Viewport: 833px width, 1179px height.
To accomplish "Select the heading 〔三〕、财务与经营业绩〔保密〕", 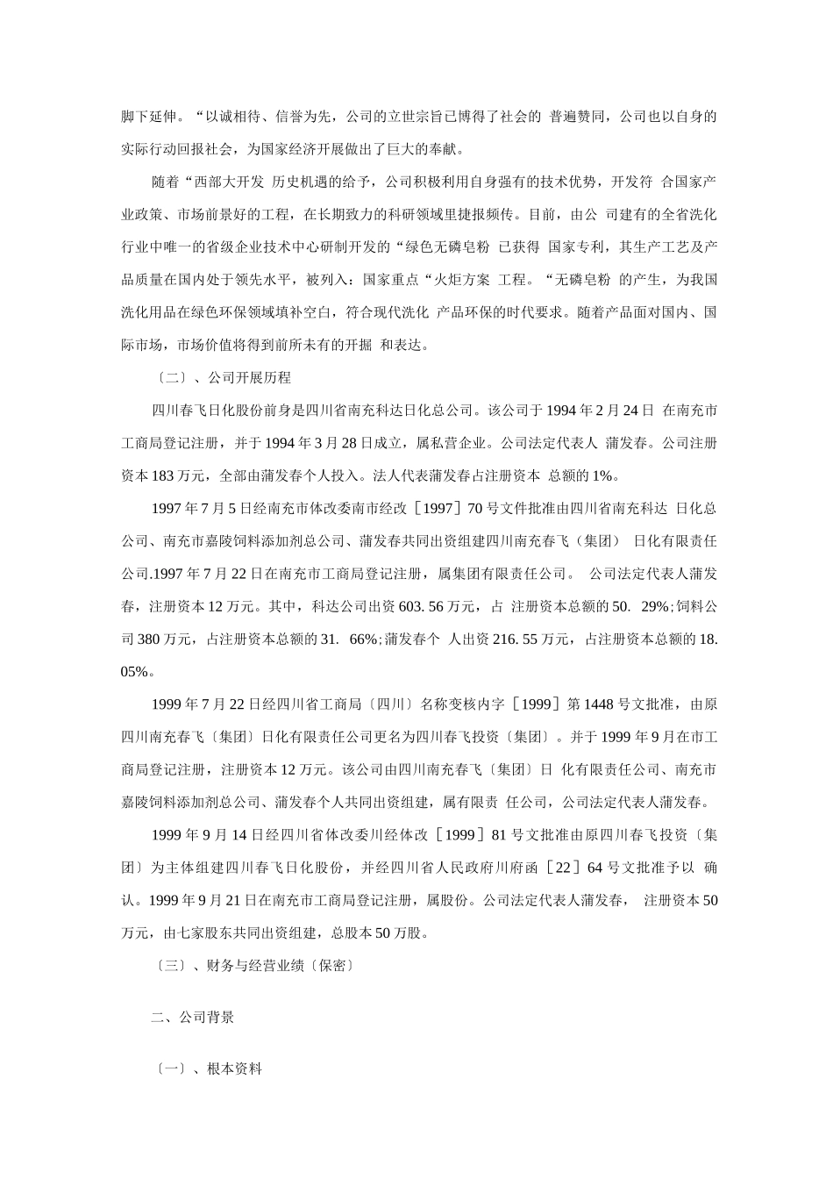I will tap(253, 966).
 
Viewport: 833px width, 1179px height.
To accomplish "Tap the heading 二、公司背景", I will tap(192, 1018).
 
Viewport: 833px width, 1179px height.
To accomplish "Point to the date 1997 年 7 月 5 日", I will tap(202, 508).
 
